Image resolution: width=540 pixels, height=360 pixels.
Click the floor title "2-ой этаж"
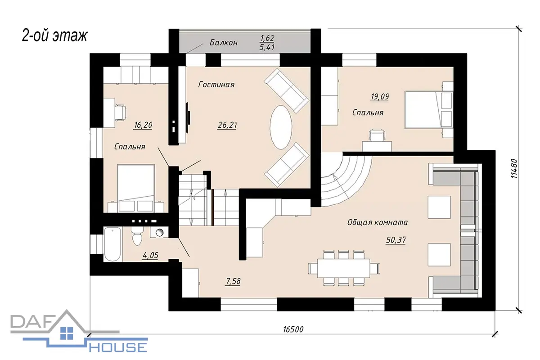pyautogui.click(x=54, y=36)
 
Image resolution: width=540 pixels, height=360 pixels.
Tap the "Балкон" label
pyautogui.click(x=224, y=43)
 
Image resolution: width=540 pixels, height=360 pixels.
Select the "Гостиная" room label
pyautogui.click(x=216, y=85)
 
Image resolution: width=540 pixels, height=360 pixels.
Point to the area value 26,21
pyautogui.click(x=227, y=125)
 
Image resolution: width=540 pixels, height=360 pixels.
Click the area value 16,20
pyautogui.click(x=143, y=125)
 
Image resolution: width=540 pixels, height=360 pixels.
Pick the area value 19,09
pyautogui.click(x=379, y=97)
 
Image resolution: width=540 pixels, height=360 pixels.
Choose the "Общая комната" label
pyautogui.click(x=378, y=222)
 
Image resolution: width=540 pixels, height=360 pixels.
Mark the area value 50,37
pyautogui.click(x=396, y=240)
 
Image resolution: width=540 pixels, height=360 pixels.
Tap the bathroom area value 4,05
pyautogui.click(x=150, y=255)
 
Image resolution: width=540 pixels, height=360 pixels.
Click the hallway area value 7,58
pyautogui.click(x=233, y=281)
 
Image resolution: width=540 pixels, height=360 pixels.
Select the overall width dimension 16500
pyautogui.click(x=293, y=329)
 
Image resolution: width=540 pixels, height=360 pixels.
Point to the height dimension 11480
pyautogui.click(x=514, y=168)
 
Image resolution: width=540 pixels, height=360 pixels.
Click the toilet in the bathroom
pyautogui.click(x=137, y=236)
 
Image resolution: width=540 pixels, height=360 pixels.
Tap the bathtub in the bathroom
pyautogui.click(x=112, y=244)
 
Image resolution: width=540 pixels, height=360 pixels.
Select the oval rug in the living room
pyautogui.click(x=281, y=127)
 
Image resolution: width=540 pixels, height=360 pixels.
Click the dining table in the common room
pyautogui.click(x=343, y=268)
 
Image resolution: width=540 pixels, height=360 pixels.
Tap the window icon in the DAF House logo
pyautogui.click(x=67, y=333)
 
